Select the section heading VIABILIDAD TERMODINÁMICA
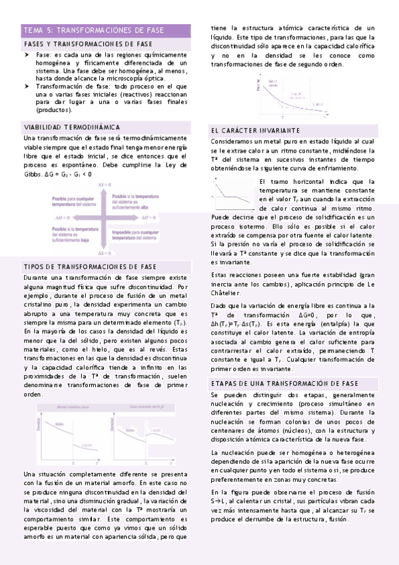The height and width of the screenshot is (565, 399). (x=72, y=127)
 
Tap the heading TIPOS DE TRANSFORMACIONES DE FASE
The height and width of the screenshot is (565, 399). (x=90, y=267)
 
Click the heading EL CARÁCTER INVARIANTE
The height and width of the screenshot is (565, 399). (x=255, y=130)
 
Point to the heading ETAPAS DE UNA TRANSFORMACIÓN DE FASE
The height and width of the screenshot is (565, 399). (x=284, y=384)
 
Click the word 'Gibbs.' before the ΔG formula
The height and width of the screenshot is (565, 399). (x=34, y=174)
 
